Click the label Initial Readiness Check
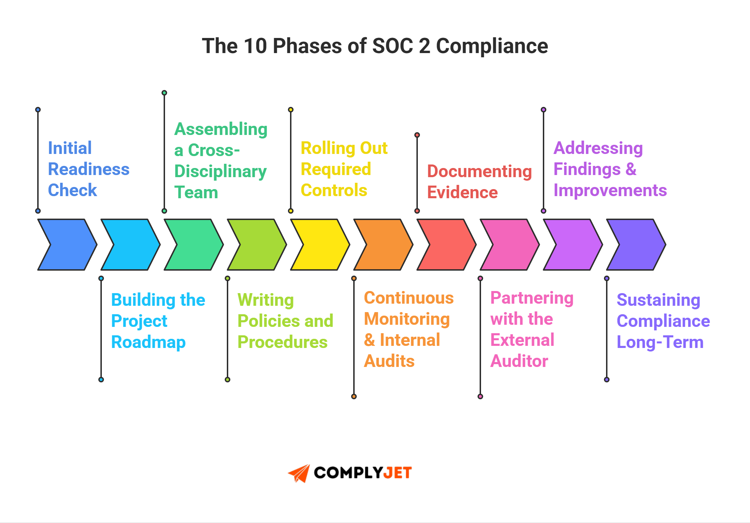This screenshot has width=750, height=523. (88, 169)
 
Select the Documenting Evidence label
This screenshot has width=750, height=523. (479, 182)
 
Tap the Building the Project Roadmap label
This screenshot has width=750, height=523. (158, 321)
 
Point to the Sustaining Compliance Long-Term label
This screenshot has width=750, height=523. (663, 321)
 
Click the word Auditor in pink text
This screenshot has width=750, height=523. (519, 361)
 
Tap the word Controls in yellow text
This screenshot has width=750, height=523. (334, 190)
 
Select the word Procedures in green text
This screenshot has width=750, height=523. (282, 342)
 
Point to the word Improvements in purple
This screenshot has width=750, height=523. (610, 190)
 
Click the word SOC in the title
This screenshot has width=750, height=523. (392, 46)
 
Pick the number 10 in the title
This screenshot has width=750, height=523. (255, 46)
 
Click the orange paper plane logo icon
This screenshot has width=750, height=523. (299, 473)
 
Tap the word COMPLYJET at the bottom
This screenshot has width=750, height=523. (362, 473)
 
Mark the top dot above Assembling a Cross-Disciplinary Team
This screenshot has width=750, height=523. (164, 93)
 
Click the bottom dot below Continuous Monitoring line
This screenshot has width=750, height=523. (354, 396)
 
